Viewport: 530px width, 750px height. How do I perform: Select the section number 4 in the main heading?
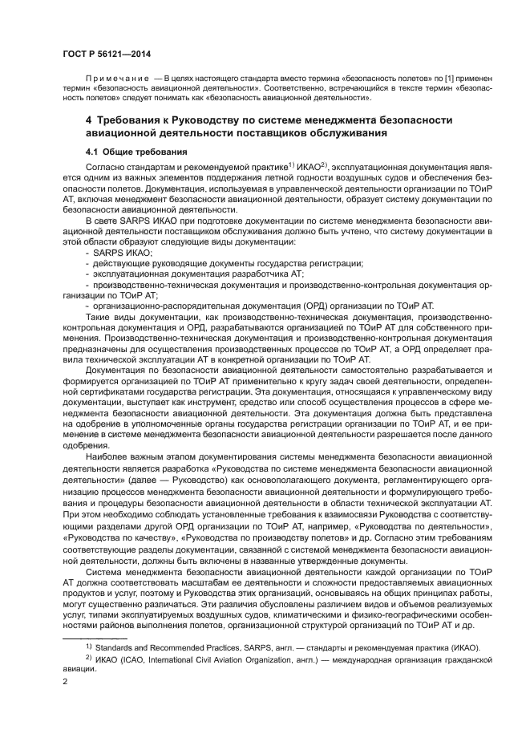(90, 120)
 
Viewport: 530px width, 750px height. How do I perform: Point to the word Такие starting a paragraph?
(99, 316)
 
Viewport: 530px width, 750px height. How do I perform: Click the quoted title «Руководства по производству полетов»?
(249, 529)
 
